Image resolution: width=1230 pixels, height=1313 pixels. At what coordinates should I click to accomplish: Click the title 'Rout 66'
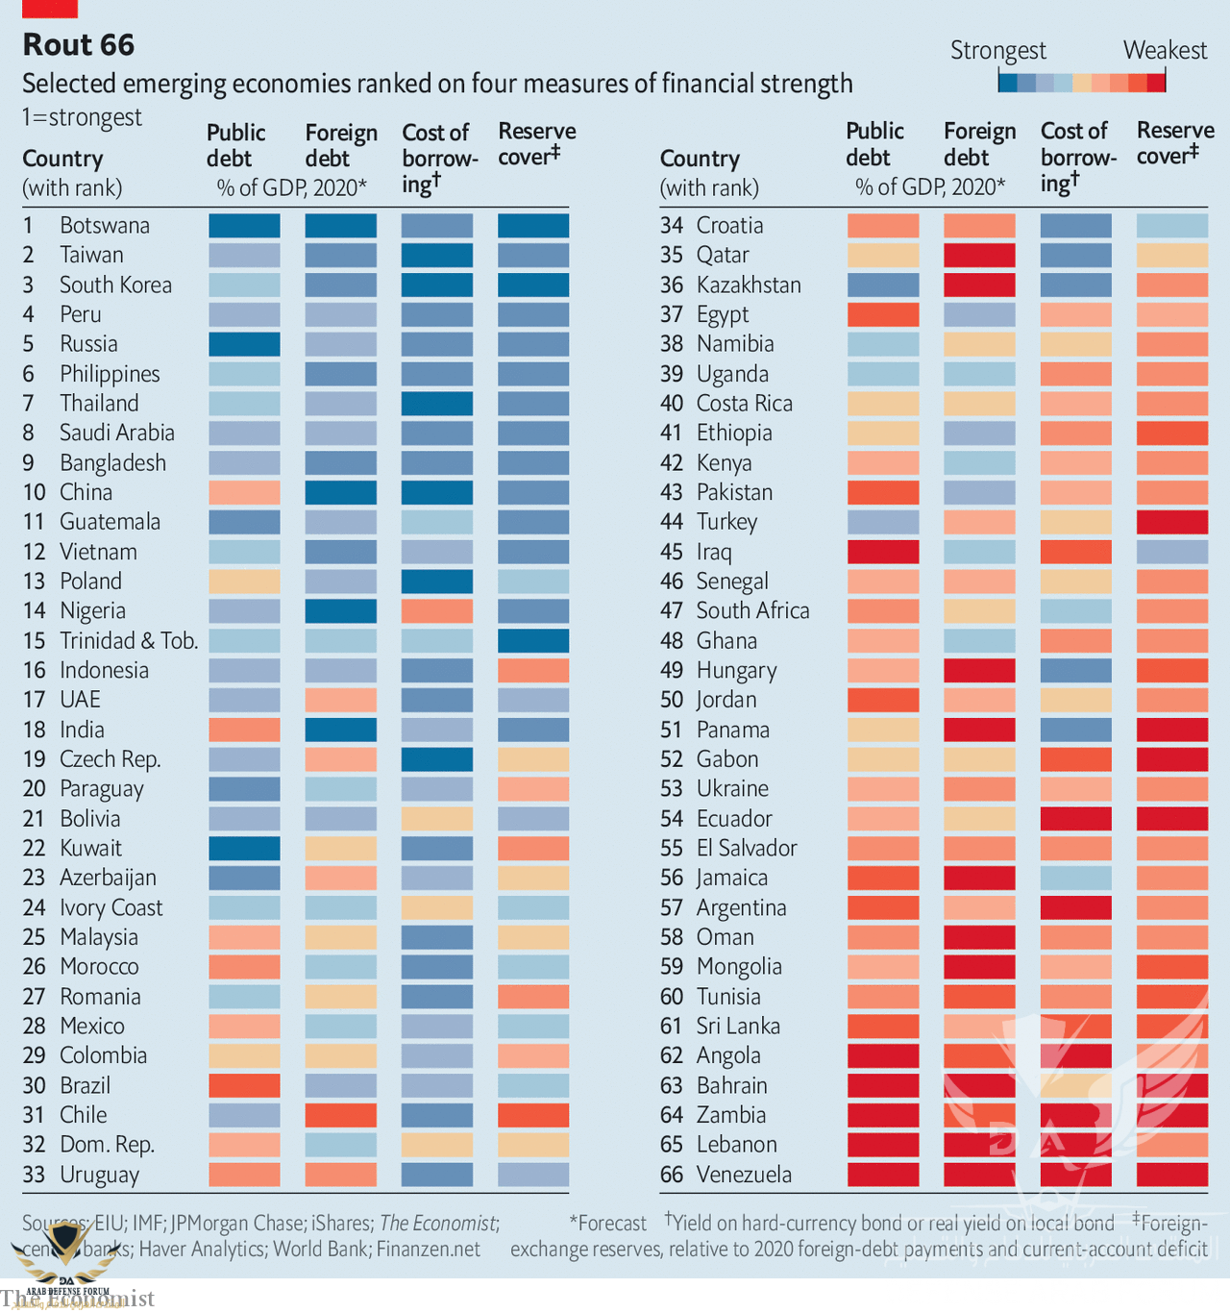tap(79, 45)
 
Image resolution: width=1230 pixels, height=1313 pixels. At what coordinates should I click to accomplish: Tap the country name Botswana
tap(105, 226)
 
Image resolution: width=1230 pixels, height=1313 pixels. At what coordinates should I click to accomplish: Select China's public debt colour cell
tap(244, 493)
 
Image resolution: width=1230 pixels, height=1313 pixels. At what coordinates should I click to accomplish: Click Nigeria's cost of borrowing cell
tap(437, 611)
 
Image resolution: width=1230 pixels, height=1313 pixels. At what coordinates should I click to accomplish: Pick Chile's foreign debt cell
tap(340, 1115)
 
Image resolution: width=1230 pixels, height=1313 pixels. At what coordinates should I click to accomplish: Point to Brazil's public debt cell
tap(244, 1085)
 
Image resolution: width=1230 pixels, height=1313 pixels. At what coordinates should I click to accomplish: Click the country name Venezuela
tap(744, 1175)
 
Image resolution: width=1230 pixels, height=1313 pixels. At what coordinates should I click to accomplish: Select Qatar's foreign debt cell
tap(979, 256)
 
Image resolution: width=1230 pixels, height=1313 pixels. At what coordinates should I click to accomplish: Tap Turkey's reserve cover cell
tap(1171, 522)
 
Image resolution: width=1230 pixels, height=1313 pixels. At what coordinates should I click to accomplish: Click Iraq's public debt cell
tap(883, 552)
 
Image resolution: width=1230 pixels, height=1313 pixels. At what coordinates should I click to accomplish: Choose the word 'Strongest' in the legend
tap(997, 51)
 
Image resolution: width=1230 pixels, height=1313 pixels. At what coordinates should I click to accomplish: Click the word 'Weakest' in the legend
tap(1165, 51)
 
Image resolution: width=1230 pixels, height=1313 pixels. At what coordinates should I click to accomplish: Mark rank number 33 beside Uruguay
tap(35, 1175)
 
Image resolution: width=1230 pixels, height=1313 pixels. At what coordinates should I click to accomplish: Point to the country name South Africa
tap(752, 611)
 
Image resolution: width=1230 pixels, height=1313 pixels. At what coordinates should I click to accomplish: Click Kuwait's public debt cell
tap(244, 849)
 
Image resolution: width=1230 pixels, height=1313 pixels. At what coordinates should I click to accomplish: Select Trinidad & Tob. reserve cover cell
tap(533, 641)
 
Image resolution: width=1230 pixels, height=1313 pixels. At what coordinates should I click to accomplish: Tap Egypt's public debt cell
tap(883, 314)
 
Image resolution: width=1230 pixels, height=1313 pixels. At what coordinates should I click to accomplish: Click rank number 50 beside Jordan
tap(672, 700)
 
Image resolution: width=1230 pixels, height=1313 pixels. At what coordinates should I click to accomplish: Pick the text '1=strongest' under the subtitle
tap(82, 118)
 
